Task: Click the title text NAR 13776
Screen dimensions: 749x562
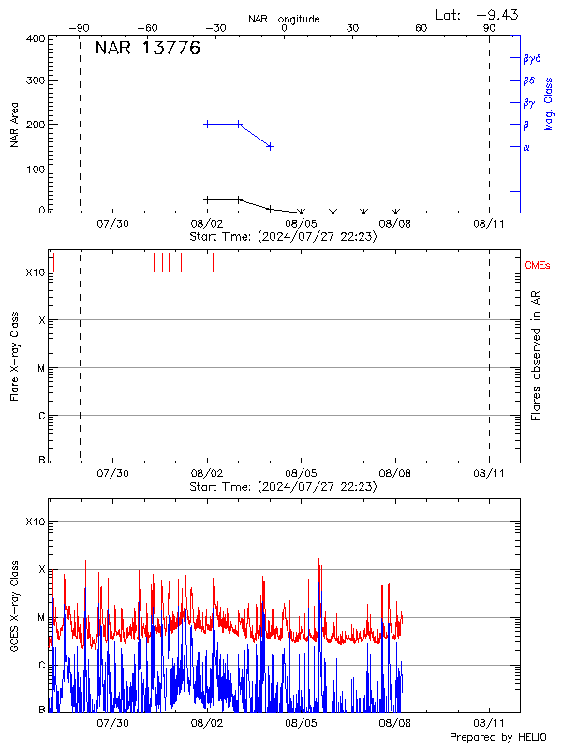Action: tap(148, 50)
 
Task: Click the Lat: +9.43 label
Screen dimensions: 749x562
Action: tap(478, 14)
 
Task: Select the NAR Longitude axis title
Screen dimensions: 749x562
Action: tap(284, 19)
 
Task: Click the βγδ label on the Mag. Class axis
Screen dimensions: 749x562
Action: tap(532, 58)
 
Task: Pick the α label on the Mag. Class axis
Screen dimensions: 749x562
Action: tap(526, 147)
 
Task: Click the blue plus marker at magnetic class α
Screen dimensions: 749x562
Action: tap(270, 146)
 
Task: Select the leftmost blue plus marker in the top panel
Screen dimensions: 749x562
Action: tap(207, 124)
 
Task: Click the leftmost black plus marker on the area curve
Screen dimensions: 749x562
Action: tap(207, 199)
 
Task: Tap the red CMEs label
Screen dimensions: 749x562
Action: tap(539, 266)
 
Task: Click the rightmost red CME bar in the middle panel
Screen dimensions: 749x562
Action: tap(214, 262)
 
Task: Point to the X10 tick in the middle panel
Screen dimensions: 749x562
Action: tap(35, 272)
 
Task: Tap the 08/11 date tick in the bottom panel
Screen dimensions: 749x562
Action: tap(489, 724)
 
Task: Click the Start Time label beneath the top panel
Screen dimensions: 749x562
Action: tap(283, 237)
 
